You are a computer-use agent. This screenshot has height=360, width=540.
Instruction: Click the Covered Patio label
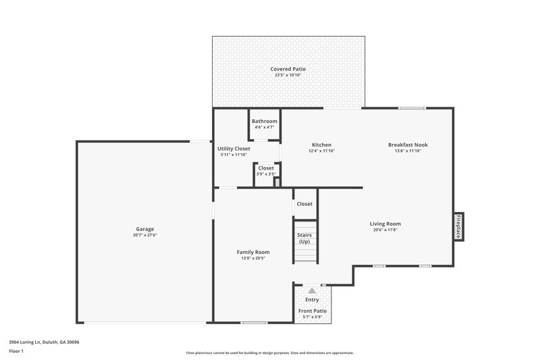[x=288, y=69]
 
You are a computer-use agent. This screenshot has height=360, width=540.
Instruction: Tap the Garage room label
[x=144, y=229]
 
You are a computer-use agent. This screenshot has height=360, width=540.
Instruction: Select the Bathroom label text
[x=265, y=121]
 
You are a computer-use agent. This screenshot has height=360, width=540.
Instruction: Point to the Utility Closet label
[x=234, y=149]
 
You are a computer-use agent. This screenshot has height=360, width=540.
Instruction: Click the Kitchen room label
[x=321, y=145]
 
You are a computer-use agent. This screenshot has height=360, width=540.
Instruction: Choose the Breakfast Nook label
[x=408, y=145]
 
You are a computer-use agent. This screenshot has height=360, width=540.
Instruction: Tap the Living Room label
[x=385, y=224]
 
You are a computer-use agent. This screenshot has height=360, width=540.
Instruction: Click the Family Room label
[x=253, y=252]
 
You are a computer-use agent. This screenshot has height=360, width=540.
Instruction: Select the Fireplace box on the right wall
[x=458, y=226]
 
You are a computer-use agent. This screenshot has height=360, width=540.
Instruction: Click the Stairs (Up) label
[x=304, y=238]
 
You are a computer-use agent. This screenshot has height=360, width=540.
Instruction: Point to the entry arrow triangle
[x=312, y=290]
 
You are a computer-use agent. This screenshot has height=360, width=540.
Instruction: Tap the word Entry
[x=312, y=299]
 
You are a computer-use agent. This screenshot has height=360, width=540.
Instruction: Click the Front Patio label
[x=312, y=311]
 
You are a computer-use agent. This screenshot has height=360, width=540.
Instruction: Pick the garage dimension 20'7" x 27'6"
[x=144, y=235]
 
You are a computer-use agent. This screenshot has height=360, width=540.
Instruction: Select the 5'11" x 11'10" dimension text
[x=234, y=155]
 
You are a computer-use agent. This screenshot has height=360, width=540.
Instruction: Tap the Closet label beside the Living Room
[x=304, y=203]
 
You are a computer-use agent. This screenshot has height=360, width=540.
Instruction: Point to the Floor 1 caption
[x=16, y=351]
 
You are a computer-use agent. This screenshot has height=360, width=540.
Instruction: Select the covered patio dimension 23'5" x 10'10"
[x=288, y=75]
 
